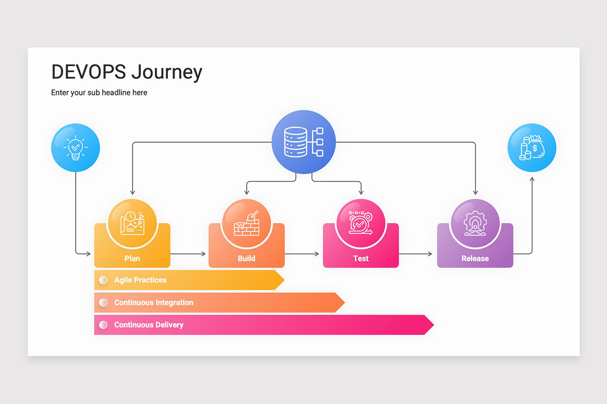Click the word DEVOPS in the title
tap(89, 72)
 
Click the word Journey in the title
tap(167, 72)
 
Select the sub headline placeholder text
tap(99, 92)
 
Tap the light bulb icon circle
tap(75, 148)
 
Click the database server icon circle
tap(303, 142)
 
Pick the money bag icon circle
tap(532, 148)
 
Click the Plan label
tap(132, 259)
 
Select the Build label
tap(246, 259)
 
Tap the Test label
tap(361, 259)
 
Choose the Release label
tap(475, 259)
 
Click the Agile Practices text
tap(140, 280)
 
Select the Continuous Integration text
tap(154, 302)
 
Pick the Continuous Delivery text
tap(149, 325)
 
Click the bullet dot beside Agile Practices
tap(103, 280)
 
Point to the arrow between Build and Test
tap(303, 254)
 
